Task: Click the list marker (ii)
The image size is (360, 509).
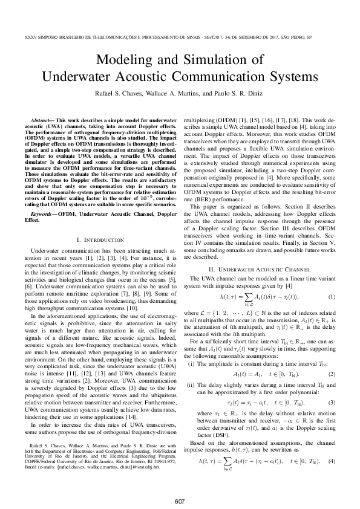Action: (x=193, y=369)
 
